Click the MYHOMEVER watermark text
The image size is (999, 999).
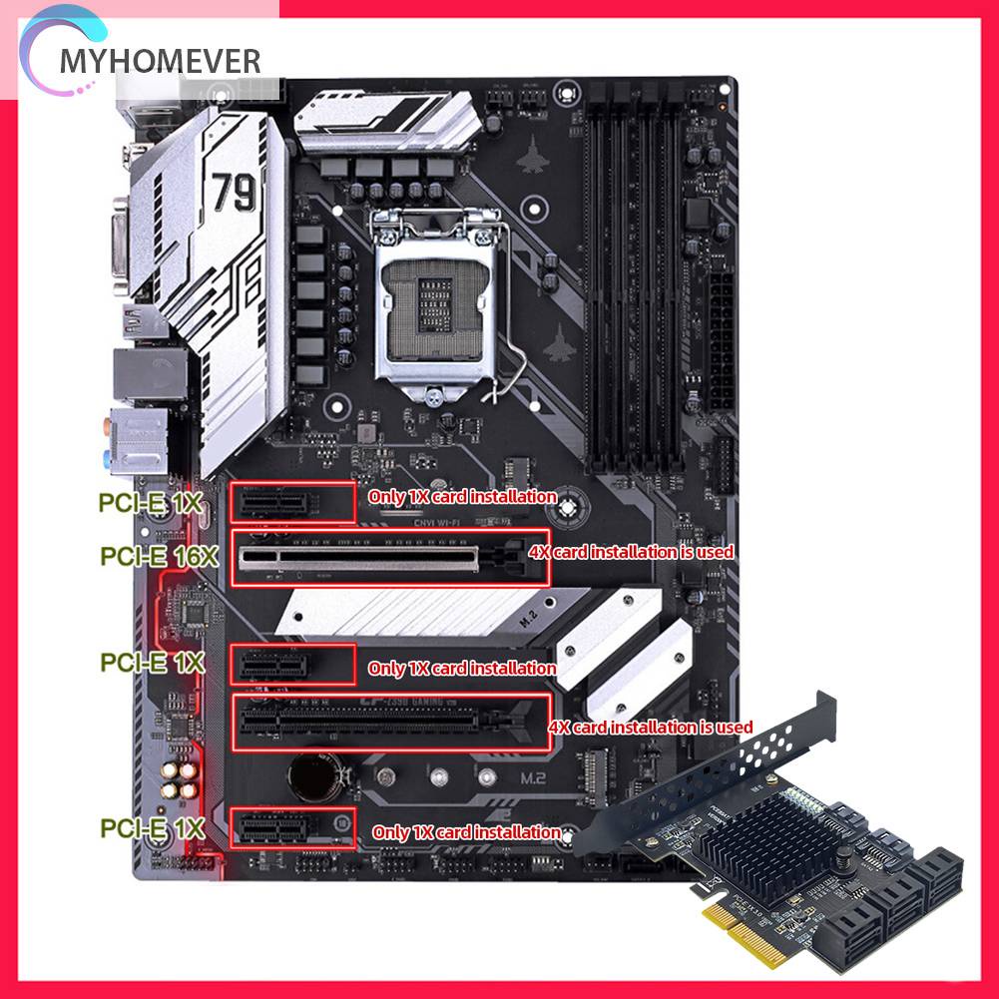(160, 61)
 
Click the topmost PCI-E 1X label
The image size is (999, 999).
(151, 504)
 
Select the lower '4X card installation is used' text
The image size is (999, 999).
(651, 728)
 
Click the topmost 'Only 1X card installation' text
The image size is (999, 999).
(462, 496)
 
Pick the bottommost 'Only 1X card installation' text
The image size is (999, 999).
(466, 831)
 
